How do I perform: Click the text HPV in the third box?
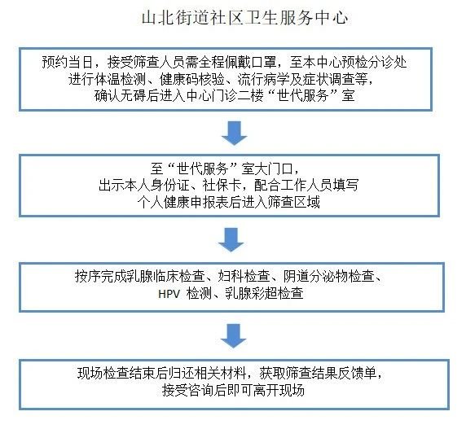pos(169,294)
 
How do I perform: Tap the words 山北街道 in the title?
pos(174,18)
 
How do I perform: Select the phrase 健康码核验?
pos(191,79)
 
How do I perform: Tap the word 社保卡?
pos(222,186)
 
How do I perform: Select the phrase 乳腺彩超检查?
pos(264,294)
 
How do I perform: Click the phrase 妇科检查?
pos(244,276)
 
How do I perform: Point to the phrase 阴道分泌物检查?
pos(328,276)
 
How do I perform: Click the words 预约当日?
pos(68,62)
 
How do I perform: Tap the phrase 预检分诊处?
pos(374,62)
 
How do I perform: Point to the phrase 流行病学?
pos(263,79)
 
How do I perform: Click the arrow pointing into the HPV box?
pos(231,240)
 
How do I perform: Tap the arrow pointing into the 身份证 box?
pos(234,133)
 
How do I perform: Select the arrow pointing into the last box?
pos(233,336)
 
